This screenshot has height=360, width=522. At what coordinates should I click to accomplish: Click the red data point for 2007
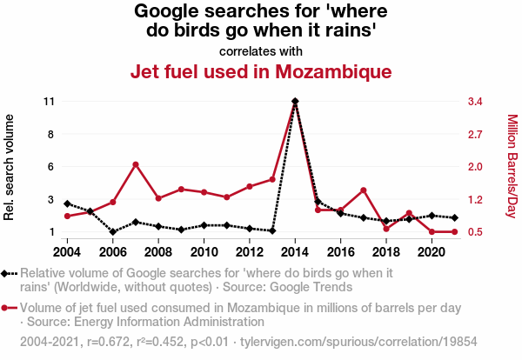(136, 164)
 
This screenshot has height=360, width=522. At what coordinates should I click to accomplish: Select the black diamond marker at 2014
(295, 102)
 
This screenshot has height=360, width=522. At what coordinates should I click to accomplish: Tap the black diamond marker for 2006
(113, 232)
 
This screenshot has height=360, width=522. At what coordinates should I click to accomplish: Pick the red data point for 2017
(363, 190)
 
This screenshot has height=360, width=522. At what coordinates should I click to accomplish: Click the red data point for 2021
(454, 232)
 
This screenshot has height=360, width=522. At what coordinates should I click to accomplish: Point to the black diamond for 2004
(68, 203)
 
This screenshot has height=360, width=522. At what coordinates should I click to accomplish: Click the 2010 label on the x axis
(204, 252)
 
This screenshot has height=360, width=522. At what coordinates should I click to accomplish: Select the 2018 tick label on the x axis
(385, 252)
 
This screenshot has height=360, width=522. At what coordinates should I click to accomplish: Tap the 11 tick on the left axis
(49, 102)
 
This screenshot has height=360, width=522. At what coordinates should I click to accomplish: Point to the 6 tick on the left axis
(51, 167)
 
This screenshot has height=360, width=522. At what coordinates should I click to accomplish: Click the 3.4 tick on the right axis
(475, 102)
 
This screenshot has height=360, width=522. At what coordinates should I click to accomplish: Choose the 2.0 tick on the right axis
(475, 167)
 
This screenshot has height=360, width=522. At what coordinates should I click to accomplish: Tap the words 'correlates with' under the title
(261, 50)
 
